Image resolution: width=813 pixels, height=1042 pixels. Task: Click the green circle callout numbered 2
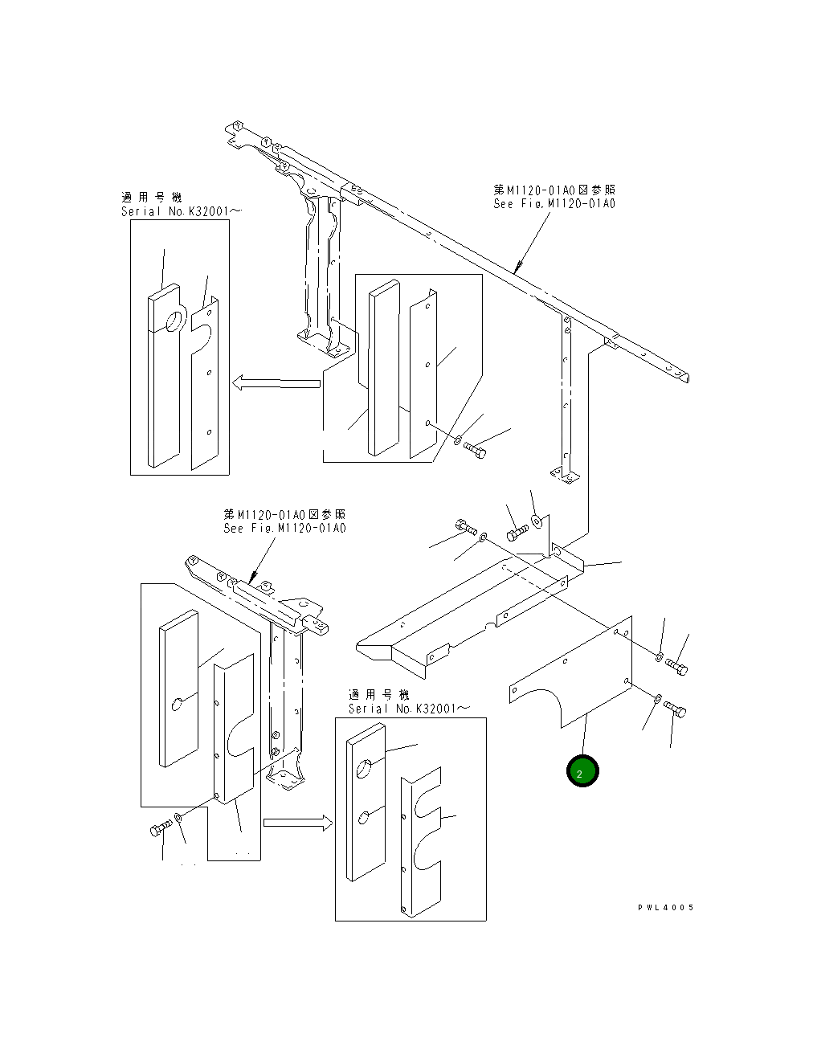(x=582, y=772)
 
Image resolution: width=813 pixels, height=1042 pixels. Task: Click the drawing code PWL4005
(x=665, y=908)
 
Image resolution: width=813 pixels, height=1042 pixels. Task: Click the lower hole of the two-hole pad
(x=364, y=817)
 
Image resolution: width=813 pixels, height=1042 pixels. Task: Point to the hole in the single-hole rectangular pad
(x=177, y=705)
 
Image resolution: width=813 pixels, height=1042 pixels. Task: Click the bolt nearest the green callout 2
(x=676, y=709)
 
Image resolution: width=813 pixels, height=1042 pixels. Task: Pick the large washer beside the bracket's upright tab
(x=537, y=522)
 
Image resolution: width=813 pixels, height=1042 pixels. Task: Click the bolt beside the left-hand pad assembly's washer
(x=160, y=829)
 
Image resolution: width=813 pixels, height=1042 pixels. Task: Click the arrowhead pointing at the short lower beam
(x=254, y=576)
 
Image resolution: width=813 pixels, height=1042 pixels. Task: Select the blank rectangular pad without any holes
(x=383, y=370)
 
